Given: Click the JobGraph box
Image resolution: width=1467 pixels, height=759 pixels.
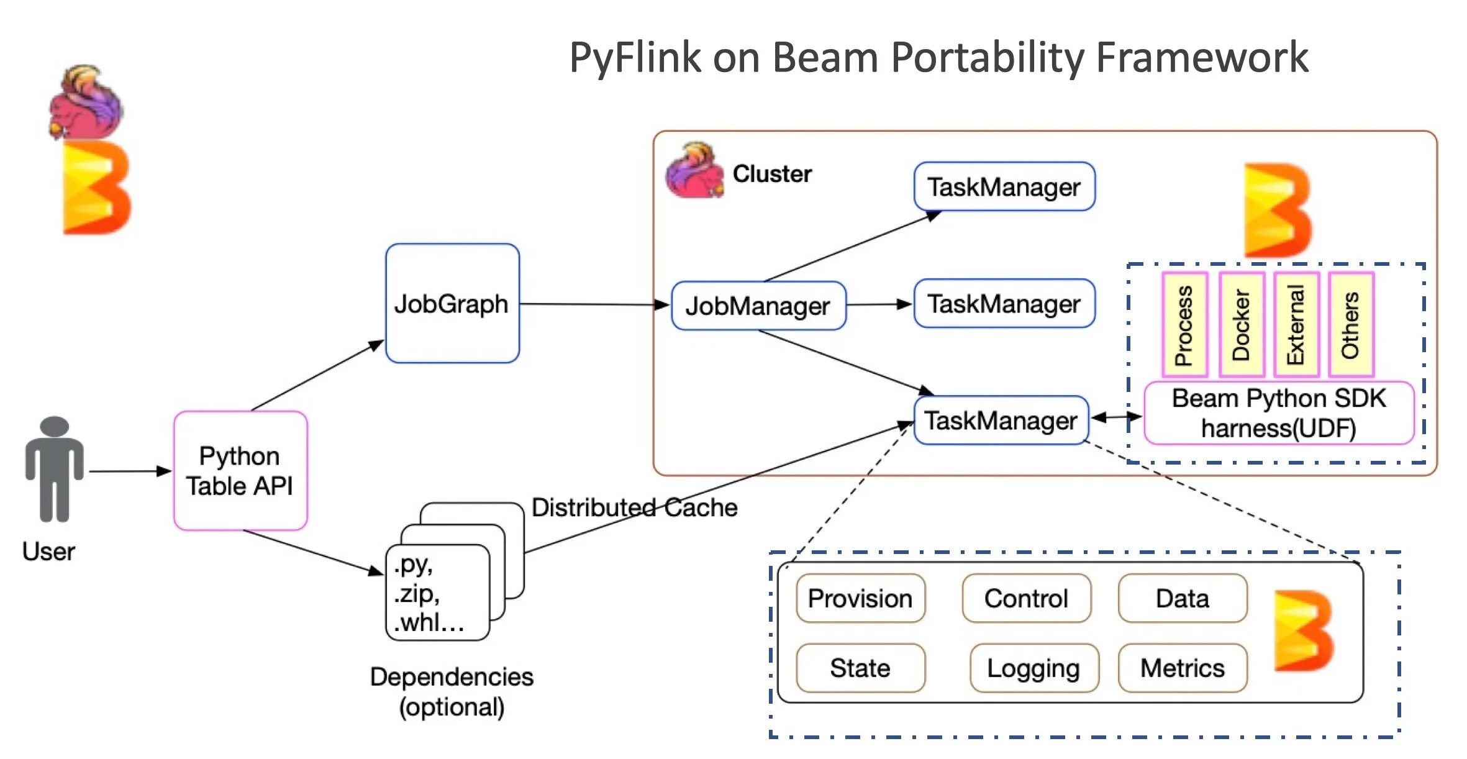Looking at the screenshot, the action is [452, 303].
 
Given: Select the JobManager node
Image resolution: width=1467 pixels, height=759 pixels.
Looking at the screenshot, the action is [758, 306].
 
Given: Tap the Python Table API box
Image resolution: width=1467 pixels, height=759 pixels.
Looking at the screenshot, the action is [240, 471].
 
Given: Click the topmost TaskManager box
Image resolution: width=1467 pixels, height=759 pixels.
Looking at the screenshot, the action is [1004, 186].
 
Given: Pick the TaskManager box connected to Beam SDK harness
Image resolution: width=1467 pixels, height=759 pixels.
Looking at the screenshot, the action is [1001, 420].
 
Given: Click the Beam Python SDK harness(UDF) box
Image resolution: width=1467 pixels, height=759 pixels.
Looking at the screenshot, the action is [1279, 413].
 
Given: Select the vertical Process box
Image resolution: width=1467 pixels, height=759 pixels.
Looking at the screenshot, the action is [1184, 324].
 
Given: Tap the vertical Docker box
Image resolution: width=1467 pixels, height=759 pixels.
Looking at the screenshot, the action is [1242, 324].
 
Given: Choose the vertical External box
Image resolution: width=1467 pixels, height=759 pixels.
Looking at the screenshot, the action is [1296, 324].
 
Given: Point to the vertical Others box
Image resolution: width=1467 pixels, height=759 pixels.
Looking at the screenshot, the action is [1351, 324].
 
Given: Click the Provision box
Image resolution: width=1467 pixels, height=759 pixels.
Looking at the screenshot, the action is [860, 598].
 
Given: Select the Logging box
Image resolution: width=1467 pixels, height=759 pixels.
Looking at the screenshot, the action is [1034, 668].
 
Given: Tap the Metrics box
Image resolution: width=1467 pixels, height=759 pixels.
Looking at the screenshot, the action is [1183, 668].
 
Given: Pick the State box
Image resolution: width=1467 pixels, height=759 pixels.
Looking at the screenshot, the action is [860, 668].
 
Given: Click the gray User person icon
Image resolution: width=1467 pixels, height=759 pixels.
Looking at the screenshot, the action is [55, 469].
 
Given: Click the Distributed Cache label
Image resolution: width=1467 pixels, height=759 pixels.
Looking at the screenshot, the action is [635, 507].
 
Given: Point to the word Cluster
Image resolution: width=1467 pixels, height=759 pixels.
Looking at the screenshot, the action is [772, 174].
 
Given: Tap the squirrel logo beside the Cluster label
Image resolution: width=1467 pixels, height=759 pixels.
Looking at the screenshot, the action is [695, 170].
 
